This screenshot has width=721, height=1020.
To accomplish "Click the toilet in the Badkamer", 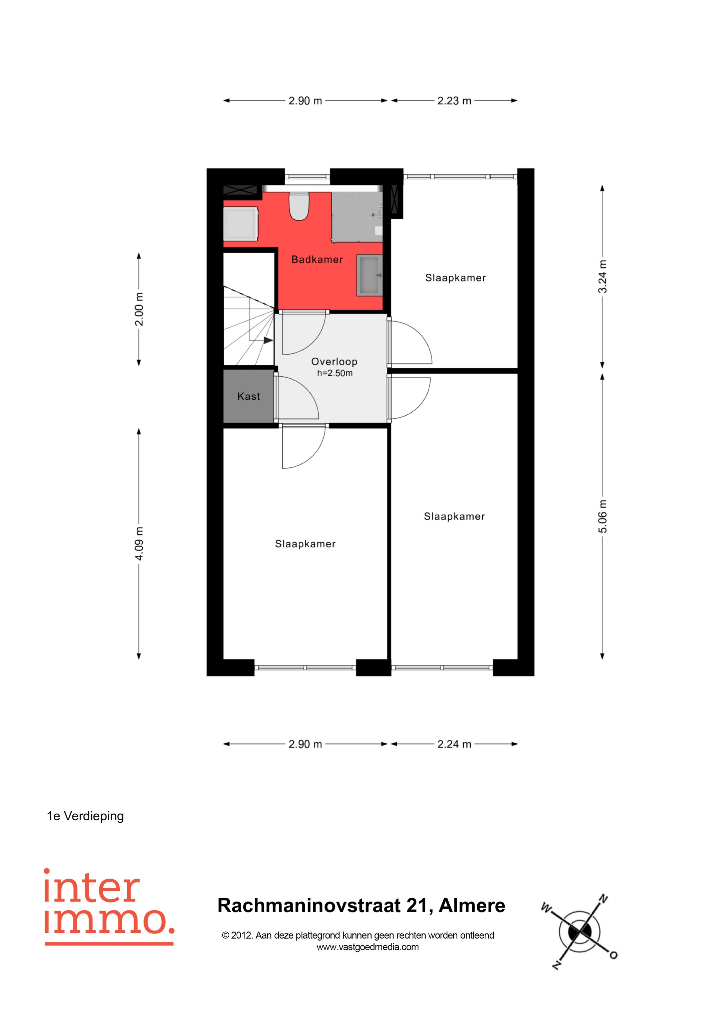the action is (x=299, y=206).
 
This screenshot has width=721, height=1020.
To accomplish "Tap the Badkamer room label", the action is (x=317, y=259).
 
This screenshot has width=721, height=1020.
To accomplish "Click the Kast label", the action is (x=248, y=396).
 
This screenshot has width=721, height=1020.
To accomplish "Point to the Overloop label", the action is (x=334, y=362).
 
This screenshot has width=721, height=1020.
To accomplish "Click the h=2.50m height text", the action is (x=334, y=373).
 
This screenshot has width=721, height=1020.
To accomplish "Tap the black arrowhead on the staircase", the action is (x=268, y=340).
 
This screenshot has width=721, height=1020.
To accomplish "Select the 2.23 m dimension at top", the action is (x=454, y=101).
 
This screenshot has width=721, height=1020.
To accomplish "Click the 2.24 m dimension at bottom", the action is (x=454, y=744).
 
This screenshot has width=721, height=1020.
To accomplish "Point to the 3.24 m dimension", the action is (x=603, y=277).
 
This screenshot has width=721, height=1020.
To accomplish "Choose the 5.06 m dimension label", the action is (x=603, y=516).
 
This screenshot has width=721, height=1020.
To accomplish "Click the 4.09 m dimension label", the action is (x=139, y=543).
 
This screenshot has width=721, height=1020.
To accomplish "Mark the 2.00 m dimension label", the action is (x=139, y=309).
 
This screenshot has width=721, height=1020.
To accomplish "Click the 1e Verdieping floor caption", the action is (x=85, y=816).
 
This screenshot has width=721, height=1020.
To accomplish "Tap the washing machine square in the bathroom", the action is (x=241, y=223).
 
